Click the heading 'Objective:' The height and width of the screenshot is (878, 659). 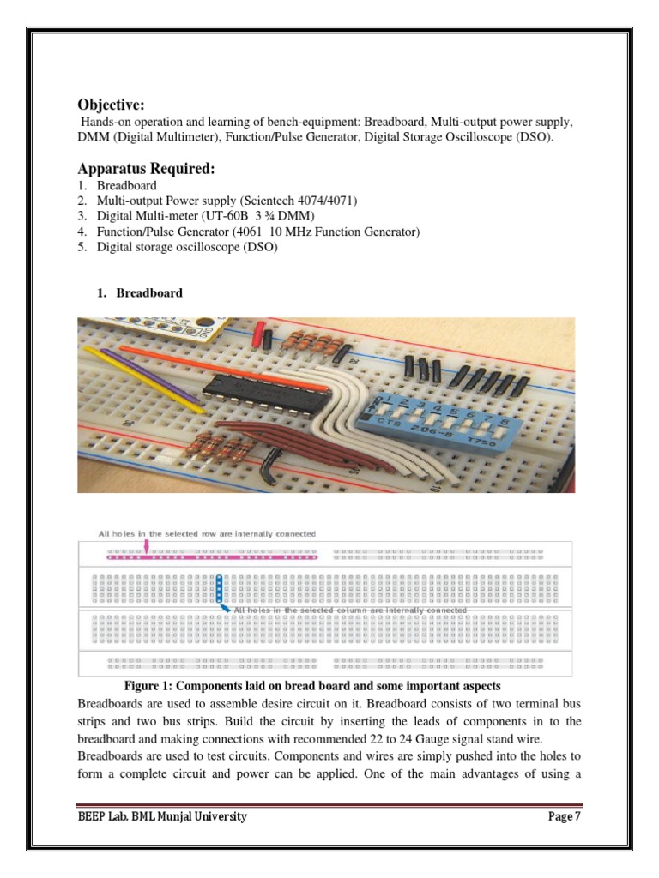coord(111,105)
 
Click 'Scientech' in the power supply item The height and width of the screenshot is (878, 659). coord(265,201)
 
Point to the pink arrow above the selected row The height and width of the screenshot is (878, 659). coord(148,545)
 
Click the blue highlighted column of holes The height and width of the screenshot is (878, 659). coord(219,588)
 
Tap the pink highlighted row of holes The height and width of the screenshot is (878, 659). coord(210,556)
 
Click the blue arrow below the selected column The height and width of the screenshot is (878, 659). coord(226,608)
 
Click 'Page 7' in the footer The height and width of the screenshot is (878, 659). coord(565,816)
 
